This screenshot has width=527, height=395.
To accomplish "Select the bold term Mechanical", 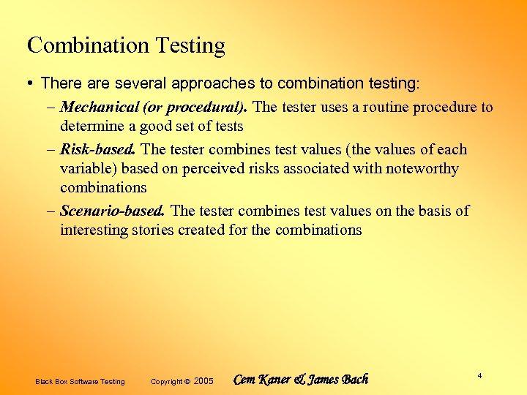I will pyautogui.click(x=100, y=108).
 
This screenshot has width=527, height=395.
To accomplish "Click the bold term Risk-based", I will pyautogui.click(x=98, y=150).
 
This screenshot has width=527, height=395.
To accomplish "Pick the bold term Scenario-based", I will pyautogui.click(x=112, y=211).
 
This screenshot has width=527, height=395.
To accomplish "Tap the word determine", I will pyautogui.click(x=91, y=127).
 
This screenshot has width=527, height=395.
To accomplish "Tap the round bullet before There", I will pyautogui.click(x=30, y=84).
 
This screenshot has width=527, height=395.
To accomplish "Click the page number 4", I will pyautogui.click(x=479, y=375).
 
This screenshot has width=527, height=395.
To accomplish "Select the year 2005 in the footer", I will pyautogui.click(x=203, y=381).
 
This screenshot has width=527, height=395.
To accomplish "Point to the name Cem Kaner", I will pyautogui.click(x=261, y=380).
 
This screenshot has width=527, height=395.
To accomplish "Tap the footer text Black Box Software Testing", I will pyautogui.click(x=80, y=381).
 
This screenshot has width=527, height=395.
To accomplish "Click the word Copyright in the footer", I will pyautogui.click(x=166, y=381).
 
